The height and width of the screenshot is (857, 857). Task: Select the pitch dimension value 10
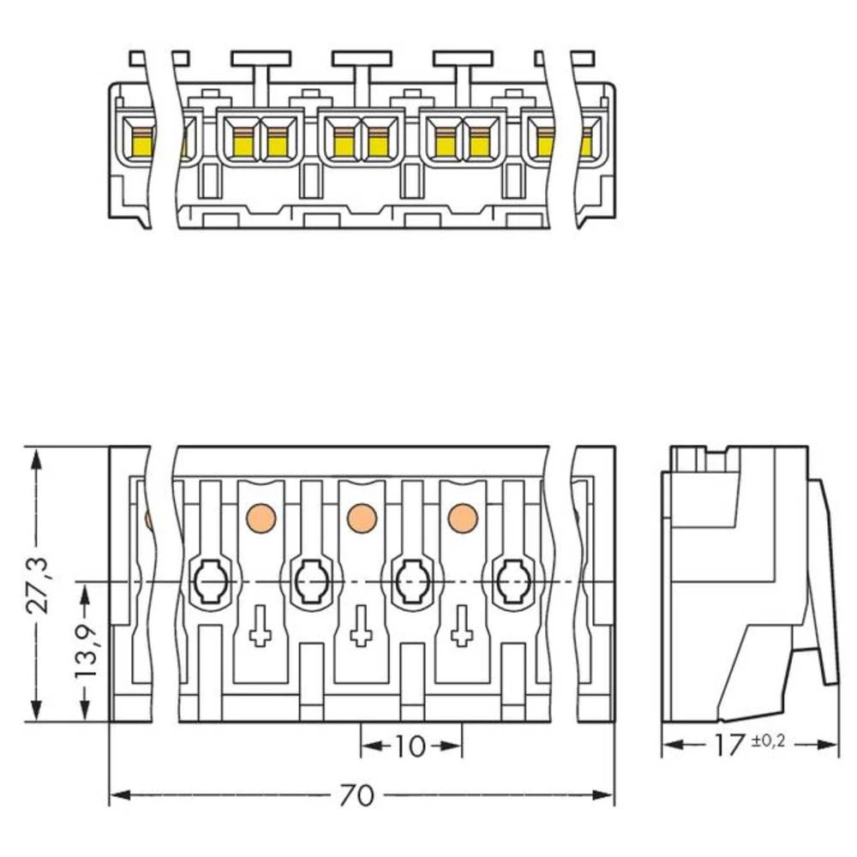click(x=411, y=746)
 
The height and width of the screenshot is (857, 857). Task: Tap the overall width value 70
click(x=357, y=796)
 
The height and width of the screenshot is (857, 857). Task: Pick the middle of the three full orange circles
click(x=362, y=518)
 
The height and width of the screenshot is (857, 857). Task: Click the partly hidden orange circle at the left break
click(x=149, y=519)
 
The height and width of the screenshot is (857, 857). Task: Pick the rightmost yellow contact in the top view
click(x=586, y=141)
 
